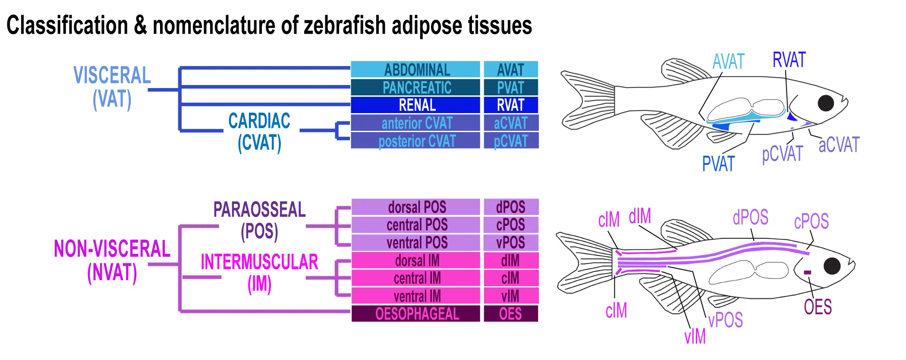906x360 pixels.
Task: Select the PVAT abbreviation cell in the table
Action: click(511, 88)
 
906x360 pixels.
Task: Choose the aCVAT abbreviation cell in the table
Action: click(511, 123)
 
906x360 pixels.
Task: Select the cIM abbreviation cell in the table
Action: click(511, 278)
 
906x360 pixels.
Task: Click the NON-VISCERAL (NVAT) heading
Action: click(112, 261)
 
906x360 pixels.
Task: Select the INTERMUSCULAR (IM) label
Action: click(259, 273)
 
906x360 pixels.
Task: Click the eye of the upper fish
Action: click(826, 103)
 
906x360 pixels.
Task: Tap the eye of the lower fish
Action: click(832, 266)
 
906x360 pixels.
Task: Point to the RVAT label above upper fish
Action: click(789, 60)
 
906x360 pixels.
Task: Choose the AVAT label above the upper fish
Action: click(728, 62)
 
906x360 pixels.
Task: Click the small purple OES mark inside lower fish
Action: click(807, 272)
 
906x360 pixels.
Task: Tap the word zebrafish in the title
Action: click(345, 25)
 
